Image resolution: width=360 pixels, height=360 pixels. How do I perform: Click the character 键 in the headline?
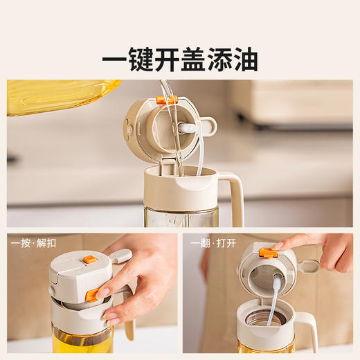141,60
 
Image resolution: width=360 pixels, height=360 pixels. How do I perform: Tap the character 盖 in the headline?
193,60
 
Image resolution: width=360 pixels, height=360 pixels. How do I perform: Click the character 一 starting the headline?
115,60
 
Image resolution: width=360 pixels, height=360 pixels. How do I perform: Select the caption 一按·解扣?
33,243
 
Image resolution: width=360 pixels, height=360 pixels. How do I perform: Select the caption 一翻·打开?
213,243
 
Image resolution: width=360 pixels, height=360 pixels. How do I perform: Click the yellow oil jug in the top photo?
62,97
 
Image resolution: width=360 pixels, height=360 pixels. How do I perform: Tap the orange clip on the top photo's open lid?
166,100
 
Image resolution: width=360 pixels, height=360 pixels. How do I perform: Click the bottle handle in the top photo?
235,196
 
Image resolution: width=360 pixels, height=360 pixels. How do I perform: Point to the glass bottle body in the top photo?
181,217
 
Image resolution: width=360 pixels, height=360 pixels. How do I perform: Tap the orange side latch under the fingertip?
92,296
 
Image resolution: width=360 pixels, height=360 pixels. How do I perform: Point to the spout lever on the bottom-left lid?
120,256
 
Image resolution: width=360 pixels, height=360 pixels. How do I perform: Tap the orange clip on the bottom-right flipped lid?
268,253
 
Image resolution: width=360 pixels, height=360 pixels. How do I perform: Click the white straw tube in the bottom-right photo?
273,300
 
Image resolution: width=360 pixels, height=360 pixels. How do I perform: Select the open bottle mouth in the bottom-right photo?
266,318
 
